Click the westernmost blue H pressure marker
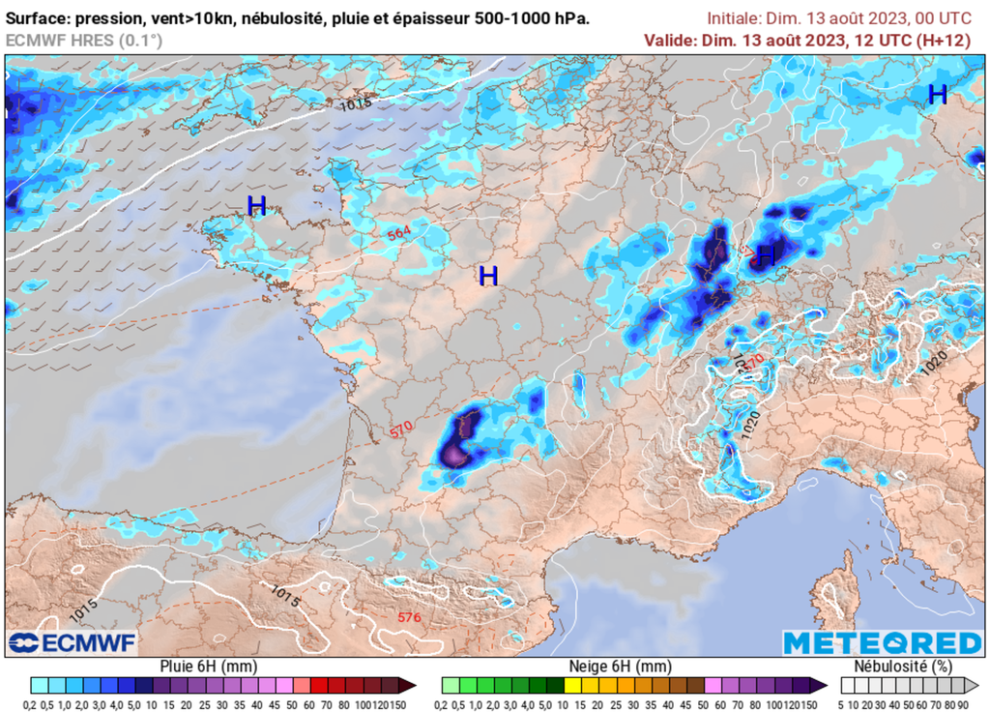(256, 205)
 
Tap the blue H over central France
(488, 277)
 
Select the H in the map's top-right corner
(937, 94)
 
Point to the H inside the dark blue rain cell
(766, 255)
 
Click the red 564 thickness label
(398, 234)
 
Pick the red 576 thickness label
(409, 617)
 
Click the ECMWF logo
(73, 642)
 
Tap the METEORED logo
(881, 642)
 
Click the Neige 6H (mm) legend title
(619, 667)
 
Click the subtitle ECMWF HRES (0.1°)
(84, 40)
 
